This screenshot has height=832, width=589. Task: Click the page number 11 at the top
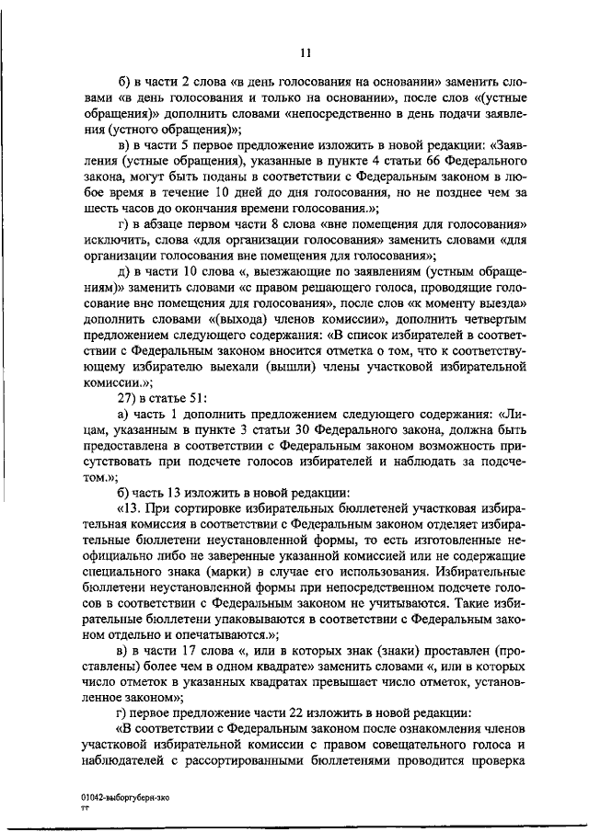click(306, 53)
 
